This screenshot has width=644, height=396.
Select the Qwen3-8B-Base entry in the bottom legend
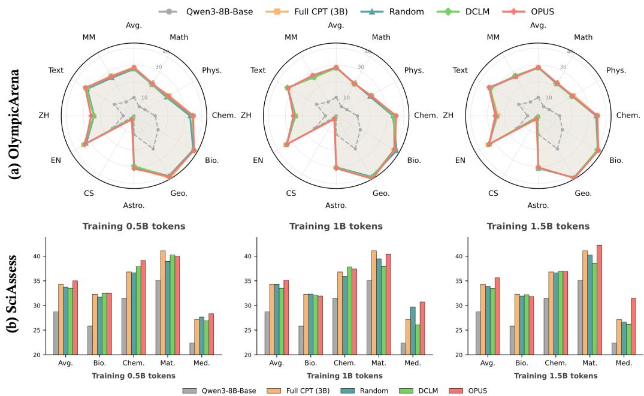pos(220,391)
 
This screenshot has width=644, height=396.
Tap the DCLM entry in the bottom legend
pos(426,391)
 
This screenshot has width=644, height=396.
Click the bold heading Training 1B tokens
pos(335,226)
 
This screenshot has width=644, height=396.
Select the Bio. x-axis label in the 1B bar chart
pos(310,364)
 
